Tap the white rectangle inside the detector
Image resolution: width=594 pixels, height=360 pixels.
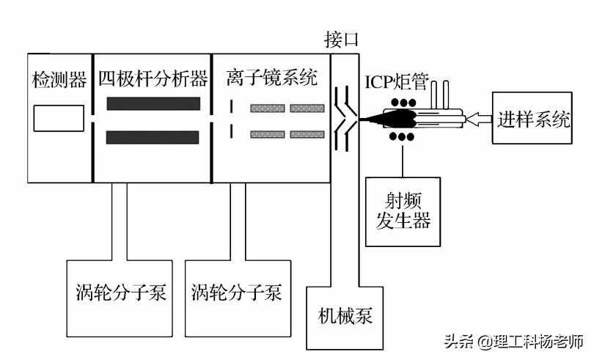tap(59, 119)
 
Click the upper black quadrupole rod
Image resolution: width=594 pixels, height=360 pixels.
tap(153, 103)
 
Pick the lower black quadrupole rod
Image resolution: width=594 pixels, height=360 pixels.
tap(153, 137)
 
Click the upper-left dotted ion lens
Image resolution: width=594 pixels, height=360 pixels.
tap(267, 109)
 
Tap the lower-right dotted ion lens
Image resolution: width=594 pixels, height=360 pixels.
tap(307, 134)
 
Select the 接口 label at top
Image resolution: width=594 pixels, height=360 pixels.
tap(342, 37)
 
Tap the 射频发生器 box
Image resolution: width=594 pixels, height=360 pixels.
tap(403, 211)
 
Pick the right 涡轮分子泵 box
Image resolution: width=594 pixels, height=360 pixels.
tap(237, 294)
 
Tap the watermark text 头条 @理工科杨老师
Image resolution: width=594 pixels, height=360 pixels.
tap(513, 342)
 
